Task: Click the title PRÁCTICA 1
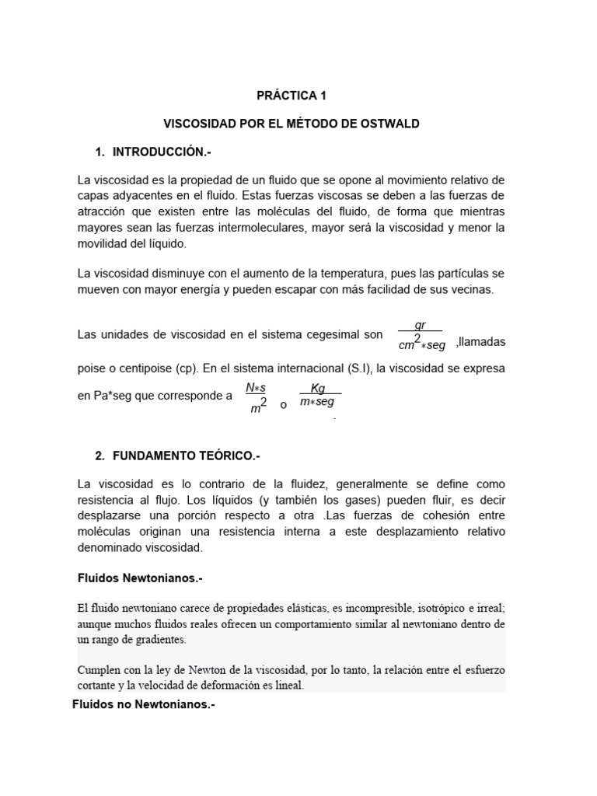point(292,96)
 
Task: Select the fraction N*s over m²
point(256,396)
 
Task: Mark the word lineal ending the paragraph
point(287,686)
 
